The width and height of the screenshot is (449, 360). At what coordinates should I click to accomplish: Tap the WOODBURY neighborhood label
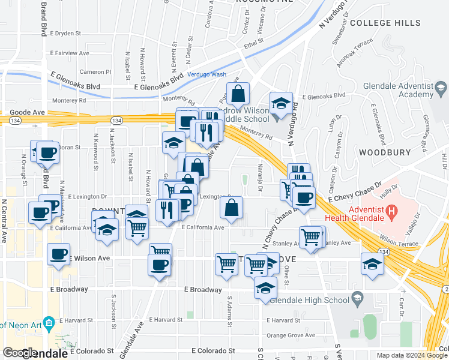pyautogui.click(x=384, y=152)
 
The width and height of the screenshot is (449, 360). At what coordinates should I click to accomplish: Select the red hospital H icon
pyautogui.click(x=391, y=211)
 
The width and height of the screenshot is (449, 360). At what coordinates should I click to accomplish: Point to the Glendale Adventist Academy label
pyautogui.click(x=407, y=90)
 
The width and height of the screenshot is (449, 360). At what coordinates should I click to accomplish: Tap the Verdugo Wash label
pyautogui.click(x=206, y=74)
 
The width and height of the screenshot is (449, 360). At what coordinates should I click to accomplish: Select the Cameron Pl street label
pyautogui.click(x=96, y=71)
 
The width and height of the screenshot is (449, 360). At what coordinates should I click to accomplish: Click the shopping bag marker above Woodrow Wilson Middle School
pyautogui.click(x=238, y=94)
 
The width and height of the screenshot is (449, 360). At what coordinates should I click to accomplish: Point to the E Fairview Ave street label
pyautogui.click(x=71, y=53)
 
